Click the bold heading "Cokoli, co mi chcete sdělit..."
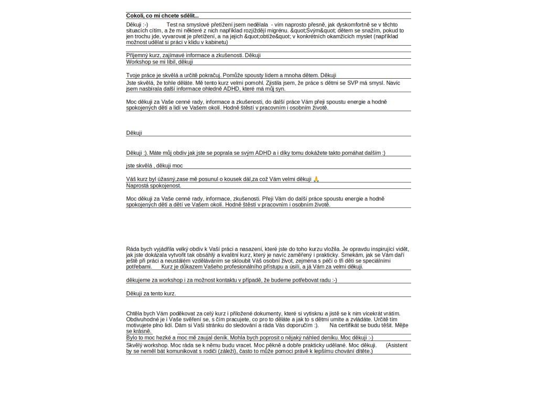point(163,16)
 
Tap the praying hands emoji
point(316,179)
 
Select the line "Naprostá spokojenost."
point(154,186)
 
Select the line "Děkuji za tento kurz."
point(151,293)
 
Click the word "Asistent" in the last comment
point(396,345)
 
